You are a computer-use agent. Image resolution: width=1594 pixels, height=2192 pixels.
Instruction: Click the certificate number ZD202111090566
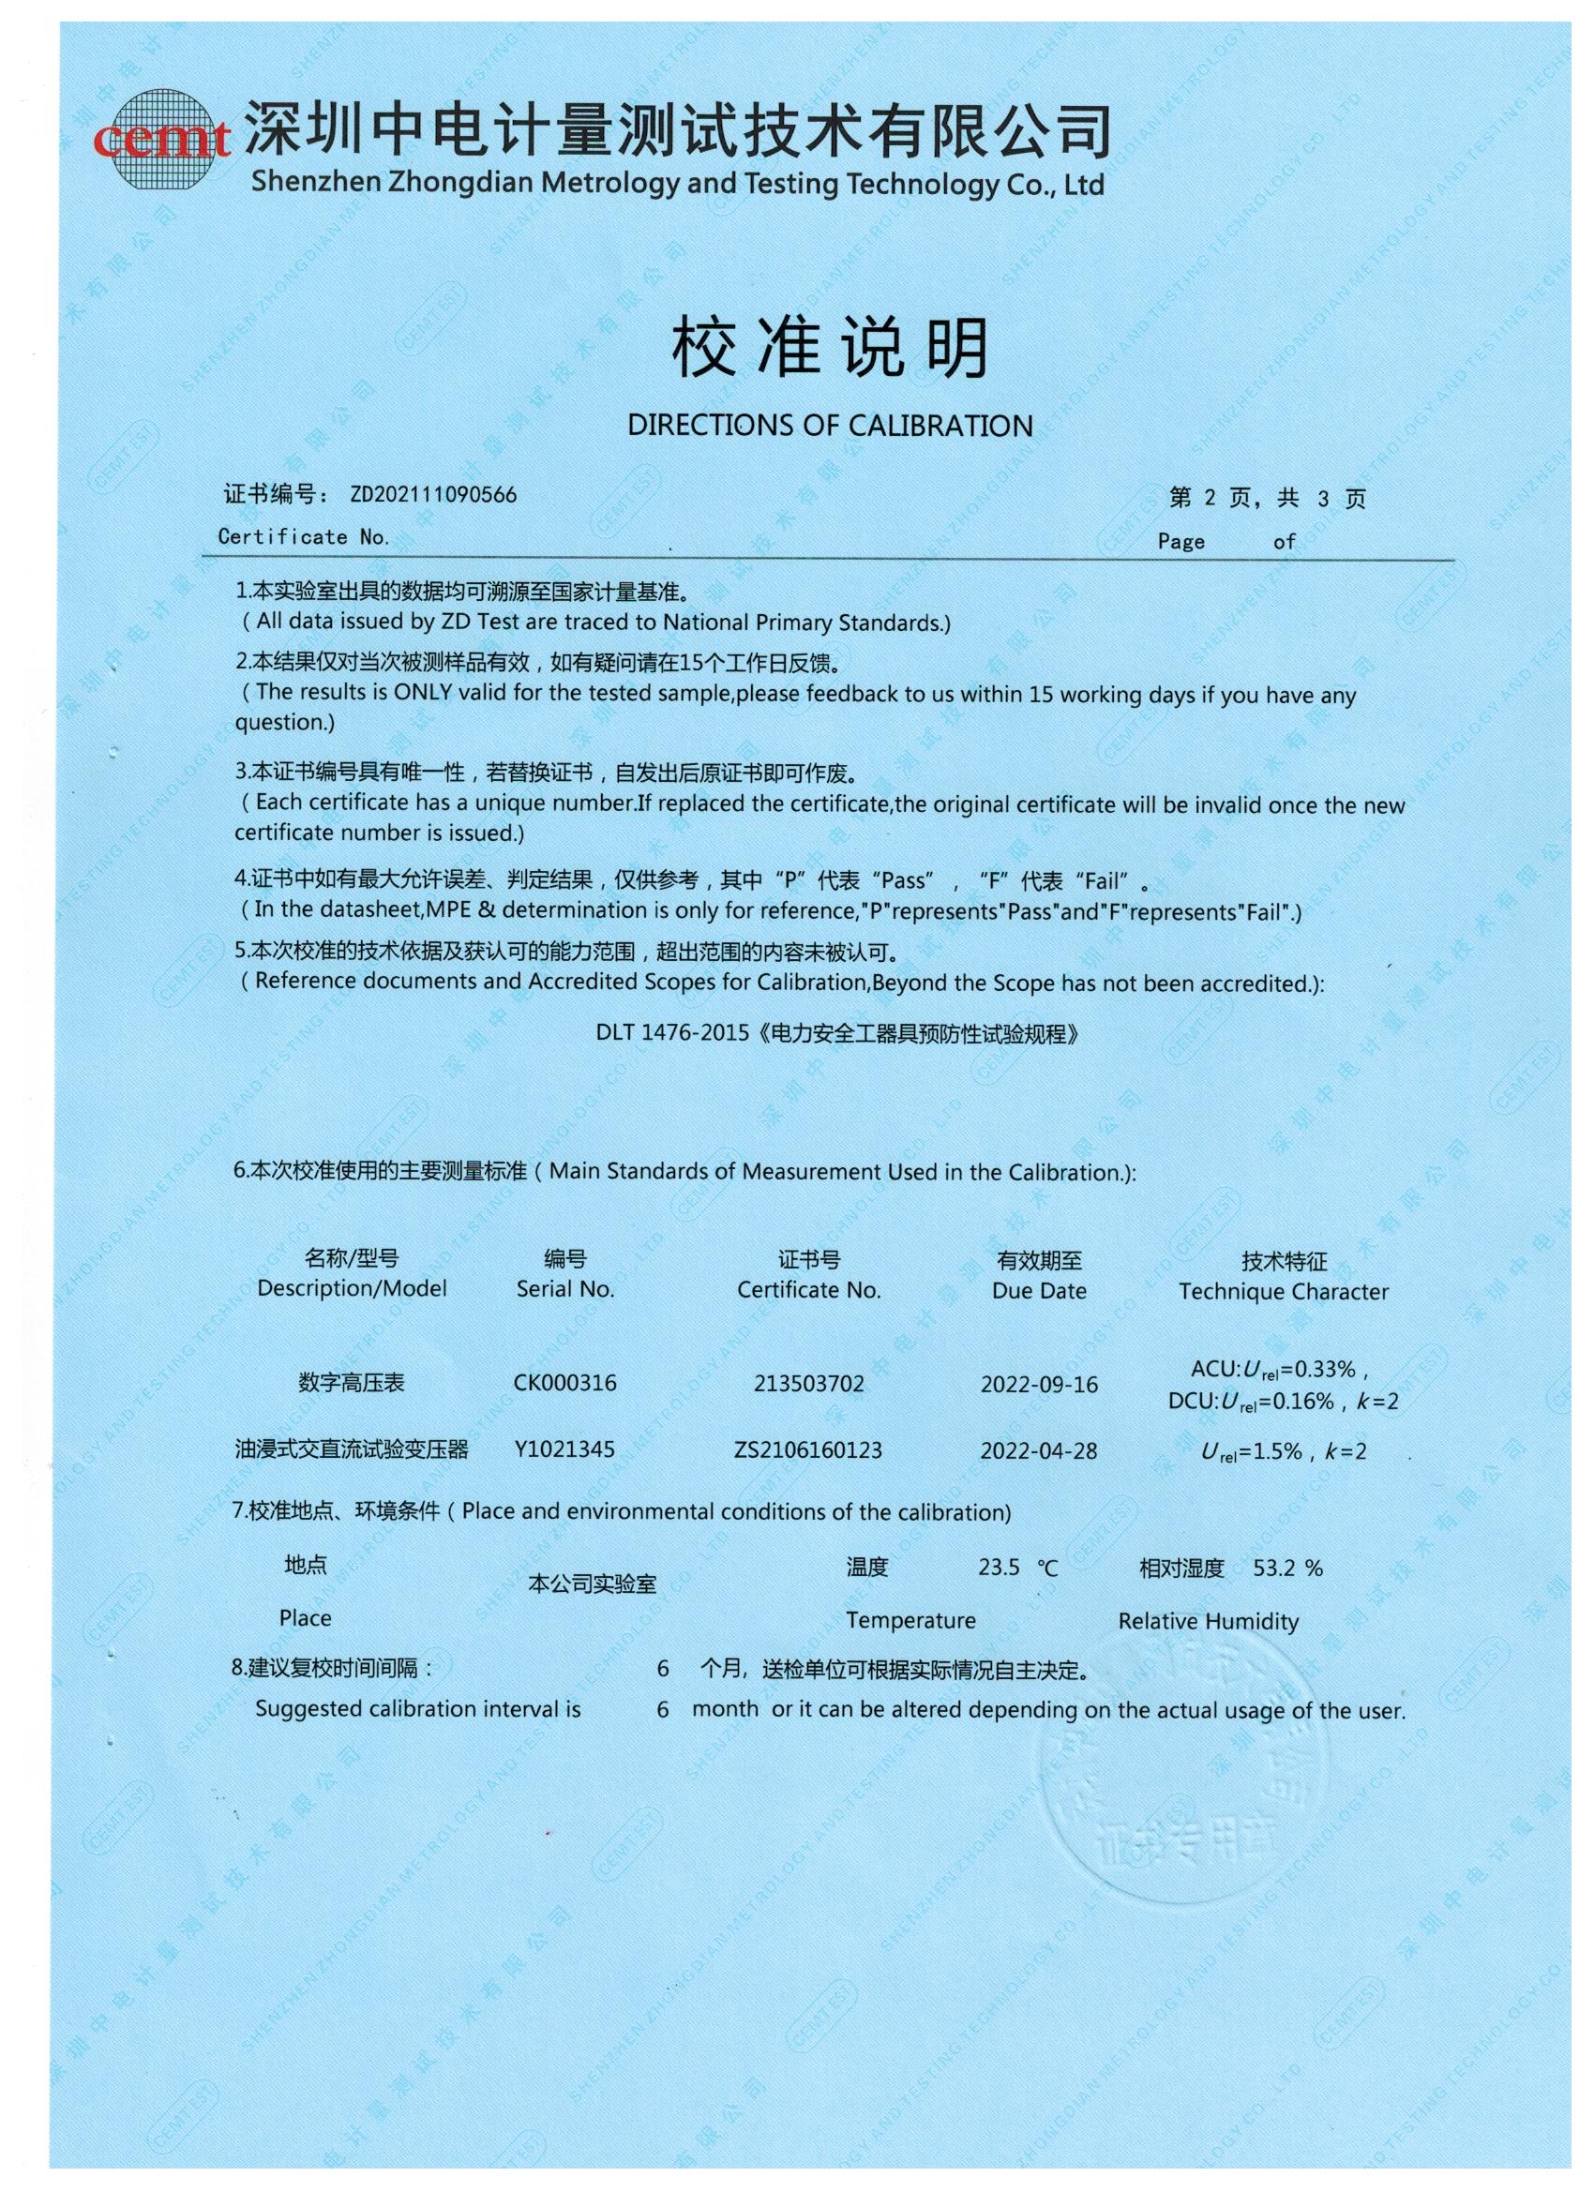433,495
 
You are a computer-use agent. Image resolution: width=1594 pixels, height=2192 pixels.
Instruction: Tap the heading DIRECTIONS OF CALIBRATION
830,426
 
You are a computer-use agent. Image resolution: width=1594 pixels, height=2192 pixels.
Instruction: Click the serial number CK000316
564,1383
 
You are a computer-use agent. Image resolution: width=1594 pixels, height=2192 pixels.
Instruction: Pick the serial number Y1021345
564,1449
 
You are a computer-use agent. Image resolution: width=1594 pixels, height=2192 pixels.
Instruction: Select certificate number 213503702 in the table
809,1384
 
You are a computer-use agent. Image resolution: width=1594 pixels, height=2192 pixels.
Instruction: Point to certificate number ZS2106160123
808,1449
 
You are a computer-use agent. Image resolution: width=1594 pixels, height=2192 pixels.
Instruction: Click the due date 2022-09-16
1039,1385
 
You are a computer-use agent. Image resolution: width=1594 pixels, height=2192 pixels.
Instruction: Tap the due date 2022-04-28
1039,1450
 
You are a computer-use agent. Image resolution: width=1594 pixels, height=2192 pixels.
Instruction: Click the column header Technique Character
1283,1292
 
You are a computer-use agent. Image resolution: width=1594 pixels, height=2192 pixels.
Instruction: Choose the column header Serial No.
565,1289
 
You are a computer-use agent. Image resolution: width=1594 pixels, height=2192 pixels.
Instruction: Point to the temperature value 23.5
999,1568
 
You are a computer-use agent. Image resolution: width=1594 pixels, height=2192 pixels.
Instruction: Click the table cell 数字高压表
351,1383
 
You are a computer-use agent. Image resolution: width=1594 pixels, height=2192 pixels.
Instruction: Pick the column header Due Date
1039,1291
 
